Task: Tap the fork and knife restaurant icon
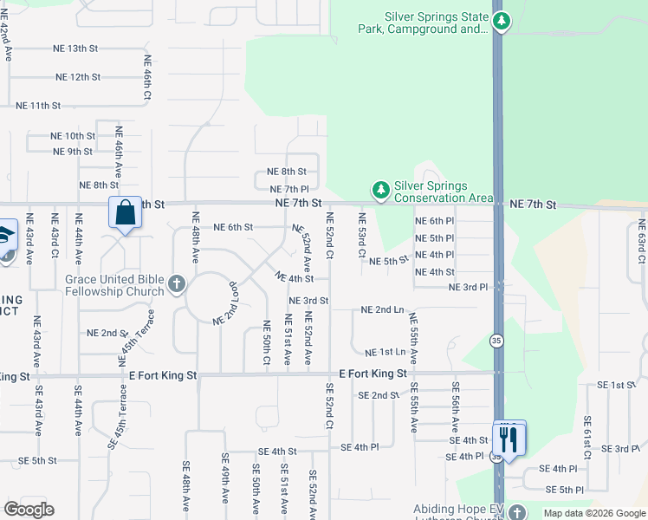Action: [x=509, y=438]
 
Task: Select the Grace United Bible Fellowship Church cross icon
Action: [x=177, y=283]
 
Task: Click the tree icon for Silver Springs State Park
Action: [x=500, y=20]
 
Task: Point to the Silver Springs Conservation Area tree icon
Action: [x=379, y=188]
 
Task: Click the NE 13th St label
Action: [x=82, y=49]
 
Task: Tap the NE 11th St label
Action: [x=38, y=106]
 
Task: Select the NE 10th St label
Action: [x=73, y=136]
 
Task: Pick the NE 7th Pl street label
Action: [x=289, y=189]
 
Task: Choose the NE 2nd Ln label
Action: [x=382, y=309]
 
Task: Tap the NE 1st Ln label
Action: [x=385, y=353]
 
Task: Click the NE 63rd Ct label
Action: [x=641, y=242]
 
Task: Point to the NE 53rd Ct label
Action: [x=361, y=235]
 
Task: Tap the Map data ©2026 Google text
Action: [x=594, y=513]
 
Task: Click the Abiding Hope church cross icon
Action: [x=517, y=511]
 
